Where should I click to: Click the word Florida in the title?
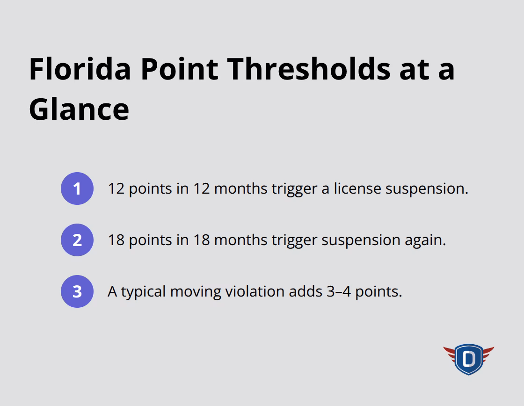80,69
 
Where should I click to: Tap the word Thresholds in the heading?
304,69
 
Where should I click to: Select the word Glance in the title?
79,109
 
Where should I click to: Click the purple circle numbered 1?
77,188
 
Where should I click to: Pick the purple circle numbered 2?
77,240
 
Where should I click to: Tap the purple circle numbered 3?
77,291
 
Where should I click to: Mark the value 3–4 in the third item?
337,291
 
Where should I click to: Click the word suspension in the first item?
426,188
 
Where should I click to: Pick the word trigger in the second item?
292,240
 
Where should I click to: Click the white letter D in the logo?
468,359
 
